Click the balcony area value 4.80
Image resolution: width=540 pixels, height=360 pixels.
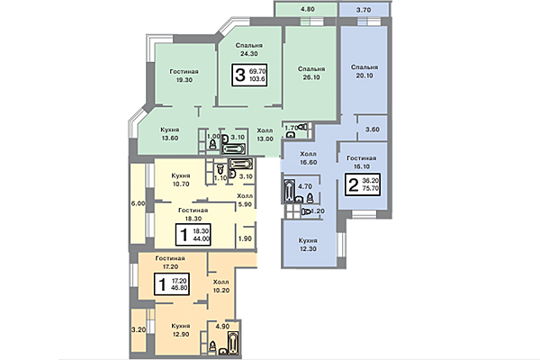306,9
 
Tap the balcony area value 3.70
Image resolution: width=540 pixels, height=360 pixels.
363,9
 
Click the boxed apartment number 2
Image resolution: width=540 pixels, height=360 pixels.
354,187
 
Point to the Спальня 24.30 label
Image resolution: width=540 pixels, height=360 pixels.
249,49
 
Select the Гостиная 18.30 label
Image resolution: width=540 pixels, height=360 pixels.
186,212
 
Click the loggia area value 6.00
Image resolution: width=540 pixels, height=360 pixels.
138,203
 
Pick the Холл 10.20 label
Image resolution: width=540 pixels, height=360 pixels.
221,287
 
